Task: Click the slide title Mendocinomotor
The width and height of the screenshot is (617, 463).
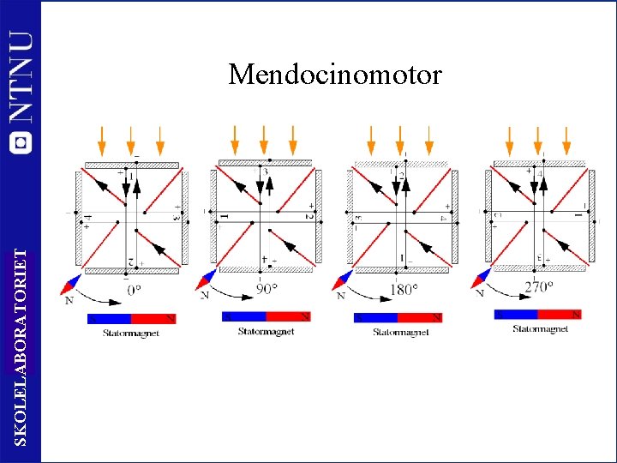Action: pos(335,75)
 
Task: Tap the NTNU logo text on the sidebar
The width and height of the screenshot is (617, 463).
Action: pos(21,77)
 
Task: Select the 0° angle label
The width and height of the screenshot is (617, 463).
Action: pos(135,290)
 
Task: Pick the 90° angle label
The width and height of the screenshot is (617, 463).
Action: pos(267,288)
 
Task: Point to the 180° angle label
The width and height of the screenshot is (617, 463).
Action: pos(404,289)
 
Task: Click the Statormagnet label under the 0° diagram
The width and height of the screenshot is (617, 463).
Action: pos(131,333)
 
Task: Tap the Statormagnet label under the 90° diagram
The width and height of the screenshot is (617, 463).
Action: pos(266,331)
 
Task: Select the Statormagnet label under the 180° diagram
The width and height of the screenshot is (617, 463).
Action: pos(400,332)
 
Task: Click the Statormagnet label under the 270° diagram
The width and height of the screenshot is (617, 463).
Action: pos(540,328)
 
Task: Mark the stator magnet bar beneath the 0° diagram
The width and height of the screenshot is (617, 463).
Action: pos(131,319)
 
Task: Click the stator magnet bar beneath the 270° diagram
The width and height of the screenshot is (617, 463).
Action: pos(539,315)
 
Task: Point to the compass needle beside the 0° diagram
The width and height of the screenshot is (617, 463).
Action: pos(71,284)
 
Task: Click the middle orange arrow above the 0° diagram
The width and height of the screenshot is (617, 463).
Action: pos(130,138)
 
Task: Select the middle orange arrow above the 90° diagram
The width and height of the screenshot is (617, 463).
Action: pos(263,138)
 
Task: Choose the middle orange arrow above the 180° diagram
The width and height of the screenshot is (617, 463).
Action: pos(399,138)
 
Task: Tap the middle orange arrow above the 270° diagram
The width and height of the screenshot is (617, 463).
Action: pos(537,138)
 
